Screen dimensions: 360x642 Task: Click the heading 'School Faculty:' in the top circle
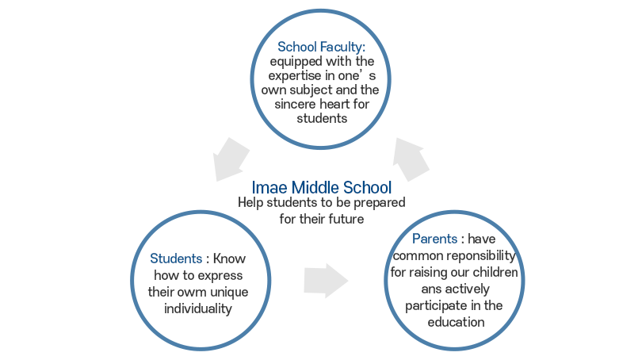(320, 47)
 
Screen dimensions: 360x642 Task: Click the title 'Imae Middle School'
(321, 188)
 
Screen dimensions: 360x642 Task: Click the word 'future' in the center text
(343, 218)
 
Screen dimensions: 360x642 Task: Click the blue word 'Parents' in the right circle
(435, 239)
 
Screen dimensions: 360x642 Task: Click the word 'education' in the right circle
(455, 322)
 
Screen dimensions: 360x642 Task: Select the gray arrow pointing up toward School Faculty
(412, 157)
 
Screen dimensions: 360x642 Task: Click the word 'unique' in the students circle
(230, 292)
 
